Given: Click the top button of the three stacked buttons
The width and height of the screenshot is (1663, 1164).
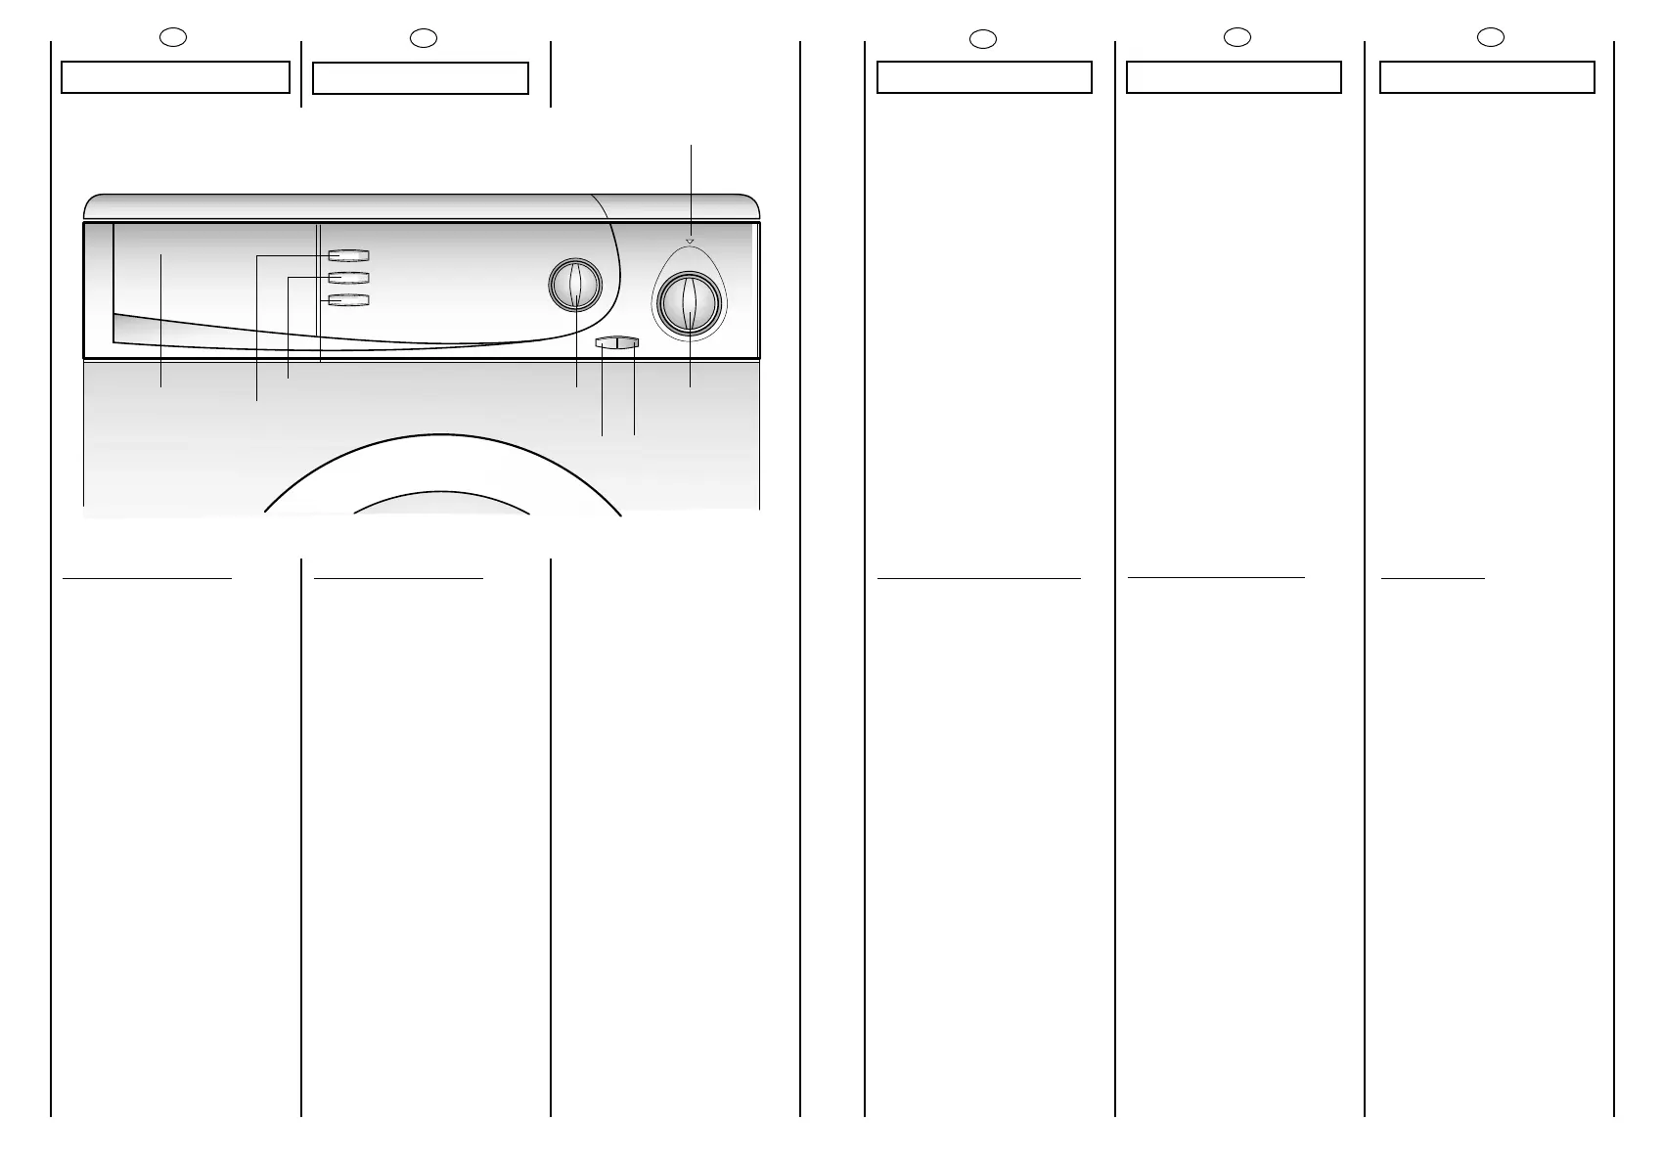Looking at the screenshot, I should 349,256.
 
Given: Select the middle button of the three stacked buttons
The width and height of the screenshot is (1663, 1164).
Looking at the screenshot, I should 349,279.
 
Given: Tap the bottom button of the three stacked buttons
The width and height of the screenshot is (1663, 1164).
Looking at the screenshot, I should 349,300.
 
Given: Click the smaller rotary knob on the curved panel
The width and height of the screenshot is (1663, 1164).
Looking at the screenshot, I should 575,286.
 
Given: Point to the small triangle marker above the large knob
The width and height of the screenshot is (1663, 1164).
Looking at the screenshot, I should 690,241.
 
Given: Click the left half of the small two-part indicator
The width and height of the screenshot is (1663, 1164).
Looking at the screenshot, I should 606,342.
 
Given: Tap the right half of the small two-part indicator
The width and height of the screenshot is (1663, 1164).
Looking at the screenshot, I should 628,342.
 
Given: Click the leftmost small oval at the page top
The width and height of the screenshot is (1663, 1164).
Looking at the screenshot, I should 173,37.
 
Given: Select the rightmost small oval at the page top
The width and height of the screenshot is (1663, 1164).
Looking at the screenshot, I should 1490,37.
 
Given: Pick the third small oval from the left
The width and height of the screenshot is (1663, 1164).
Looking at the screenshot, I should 983,39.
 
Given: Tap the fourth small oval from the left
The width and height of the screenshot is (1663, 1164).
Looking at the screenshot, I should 1237,37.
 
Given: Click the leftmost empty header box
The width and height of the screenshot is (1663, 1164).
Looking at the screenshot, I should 175,77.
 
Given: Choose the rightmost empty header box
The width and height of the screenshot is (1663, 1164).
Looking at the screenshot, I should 1487,77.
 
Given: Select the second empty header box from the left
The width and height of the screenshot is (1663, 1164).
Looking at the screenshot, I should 421,78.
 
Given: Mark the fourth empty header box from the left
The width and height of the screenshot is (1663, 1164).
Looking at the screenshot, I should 1234,77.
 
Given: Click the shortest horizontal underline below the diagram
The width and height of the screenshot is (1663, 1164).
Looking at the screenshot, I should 1433,578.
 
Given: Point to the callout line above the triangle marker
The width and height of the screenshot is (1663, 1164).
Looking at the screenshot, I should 692,186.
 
